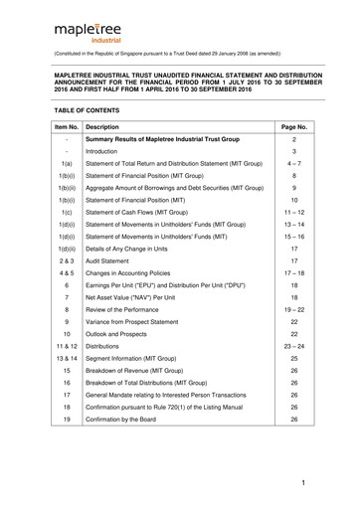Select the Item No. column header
coord(66,128)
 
